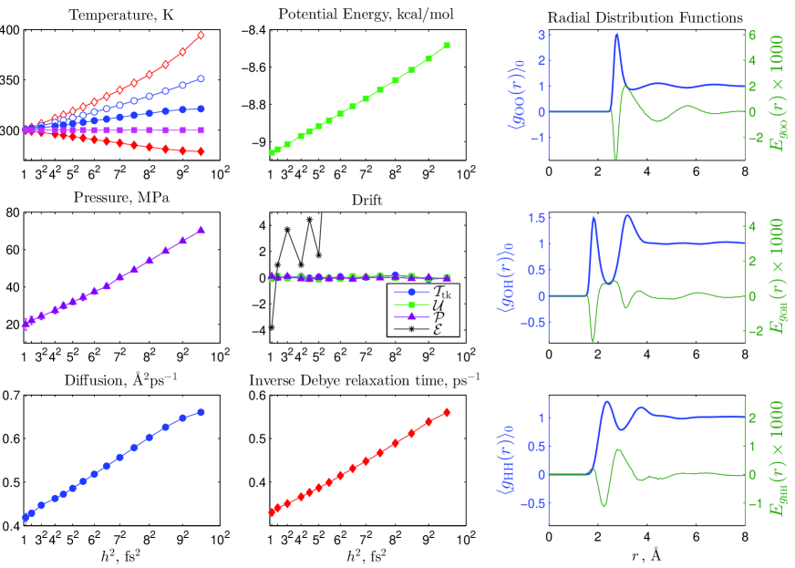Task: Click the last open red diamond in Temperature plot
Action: pyautogui.click(x=201, y=35)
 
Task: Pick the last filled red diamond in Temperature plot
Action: pyautogui.click(x=201, y=151)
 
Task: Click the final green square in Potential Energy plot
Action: pyautogui.click(x=447, y=45)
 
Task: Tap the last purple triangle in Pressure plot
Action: pyautogui.click(x=201, y=231)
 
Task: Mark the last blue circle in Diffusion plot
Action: pyautogui.click(x=201, y=412)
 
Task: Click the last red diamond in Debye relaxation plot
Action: pyautogui.click(x=447, y=412)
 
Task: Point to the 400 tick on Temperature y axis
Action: pyautogui.click(x=9, y=30)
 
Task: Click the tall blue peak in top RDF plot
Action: pyautogui.click(x=617, y=35)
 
